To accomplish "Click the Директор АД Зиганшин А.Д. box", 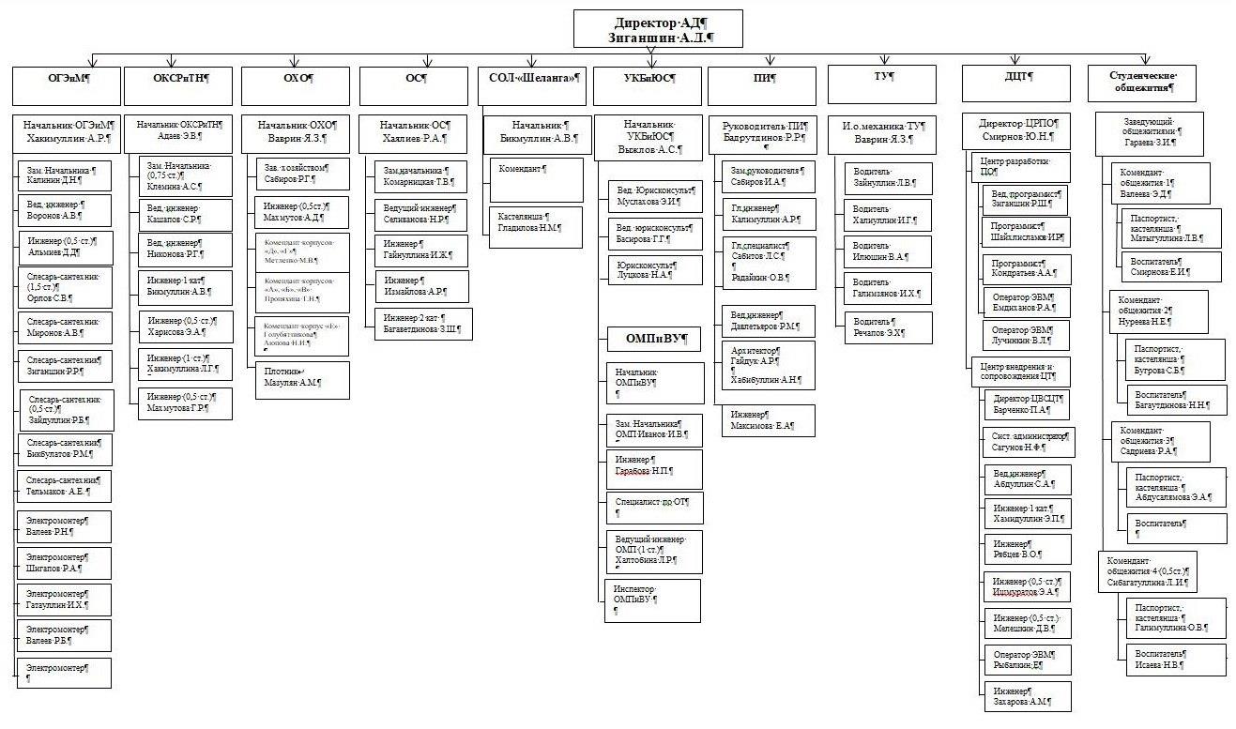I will (x=658, y=29).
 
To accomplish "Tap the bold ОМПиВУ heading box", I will (x=651, y=338).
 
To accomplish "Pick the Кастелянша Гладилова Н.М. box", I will (x=536, y=226).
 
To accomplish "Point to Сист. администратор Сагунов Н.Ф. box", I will (x=1027, y=442).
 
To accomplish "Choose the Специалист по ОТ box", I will (x=652, y=508).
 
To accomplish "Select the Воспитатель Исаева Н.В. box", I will (x=1175, y=659).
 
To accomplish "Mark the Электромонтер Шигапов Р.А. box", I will (x=64, y=563).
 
